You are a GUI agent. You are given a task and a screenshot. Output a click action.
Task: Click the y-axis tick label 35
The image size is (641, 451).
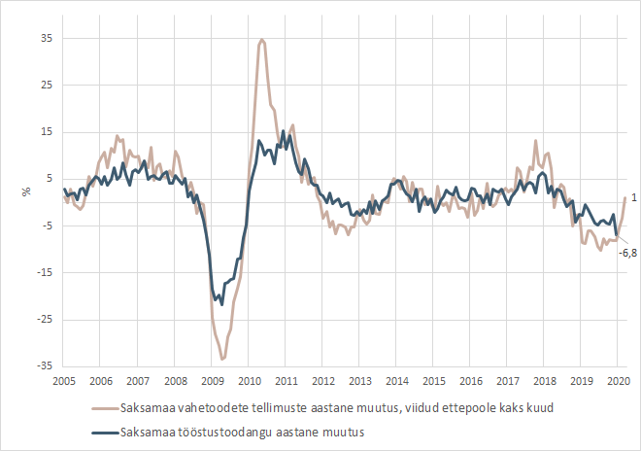pyautogui.click(x=45, y=38)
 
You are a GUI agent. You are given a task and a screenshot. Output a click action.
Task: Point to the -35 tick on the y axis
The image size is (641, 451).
pyautogui.click(x=43, y=366)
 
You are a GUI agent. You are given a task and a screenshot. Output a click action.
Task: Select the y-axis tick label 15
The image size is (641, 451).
pyautogui.click(x=45, y=132)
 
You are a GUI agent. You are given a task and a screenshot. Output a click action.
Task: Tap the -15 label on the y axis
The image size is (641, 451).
pyautogui.click(x=43, y=272)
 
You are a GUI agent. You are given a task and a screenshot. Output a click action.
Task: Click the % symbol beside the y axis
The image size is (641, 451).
pyautogui.click(x=26, y=191)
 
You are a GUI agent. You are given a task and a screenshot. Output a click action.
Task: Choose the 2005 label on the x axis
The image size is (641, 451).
pyautogui.click(x=64, y=380)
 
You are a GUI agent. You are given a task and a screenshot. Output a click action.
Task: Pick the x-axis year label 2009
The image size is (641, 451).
pyautogui.click(x=212, y=380)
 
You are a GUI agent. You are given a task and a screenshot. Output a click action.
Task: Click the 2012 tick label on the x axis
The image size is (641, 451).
pyautogui.click(x=322, y=380)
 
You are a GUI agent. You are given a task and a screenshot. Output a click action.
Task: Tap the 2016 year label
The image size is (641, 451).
pyautogui.click(x=471, y=380)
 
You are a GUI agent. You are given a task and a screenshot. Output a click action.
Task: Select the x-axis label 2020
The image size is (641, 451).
pyautogui.click(x=619, y=380)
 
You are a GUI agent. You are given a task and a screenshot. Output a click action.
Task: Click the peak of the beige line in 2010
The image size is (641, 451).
pyautogui.click(x=262, y=40)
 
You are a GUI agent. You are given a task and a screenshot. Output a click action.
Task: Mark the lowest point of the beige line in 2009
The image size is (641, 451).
pyautogui.click(x=222, y=360)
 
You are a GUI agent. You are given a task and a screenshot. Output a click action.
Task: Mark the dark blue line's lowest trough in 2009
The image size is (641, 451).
pyautogui.click(x=221, y=304)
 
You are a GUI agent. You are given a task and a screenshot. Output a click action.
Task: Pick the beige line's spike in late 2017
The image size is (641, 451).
pyautogui.click(x=535, y=141)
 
